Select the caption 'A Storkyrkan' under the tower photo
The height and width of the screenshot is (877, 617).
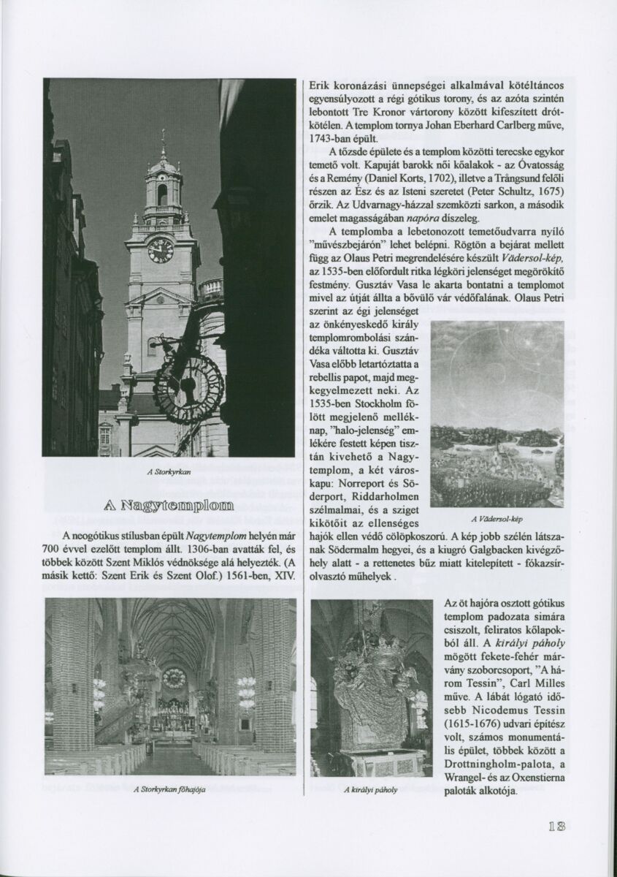(x=169, y=472)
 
